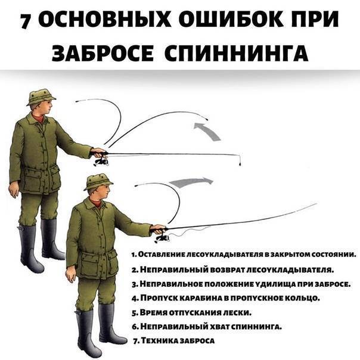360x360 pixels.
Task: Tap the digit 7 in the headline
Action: [26, 21]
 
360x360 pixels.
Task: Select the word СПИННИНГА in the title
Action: [236, 52]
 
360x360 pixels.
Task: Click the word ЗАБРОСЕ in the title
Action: [103, 52]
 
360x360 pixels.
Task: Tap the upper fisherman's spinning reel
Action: [101, 162]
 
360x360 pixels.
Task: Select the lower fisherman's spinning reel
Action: [163, 238]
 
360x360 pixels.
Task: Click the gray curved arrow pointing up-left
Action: [208, 131]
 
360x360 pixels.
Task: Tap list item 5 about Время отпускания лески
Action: [191, 312]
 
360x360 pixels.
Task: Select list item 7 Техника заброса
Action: [174, 340]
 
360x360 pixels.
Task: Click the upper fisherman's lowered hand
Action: [14, 191]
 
